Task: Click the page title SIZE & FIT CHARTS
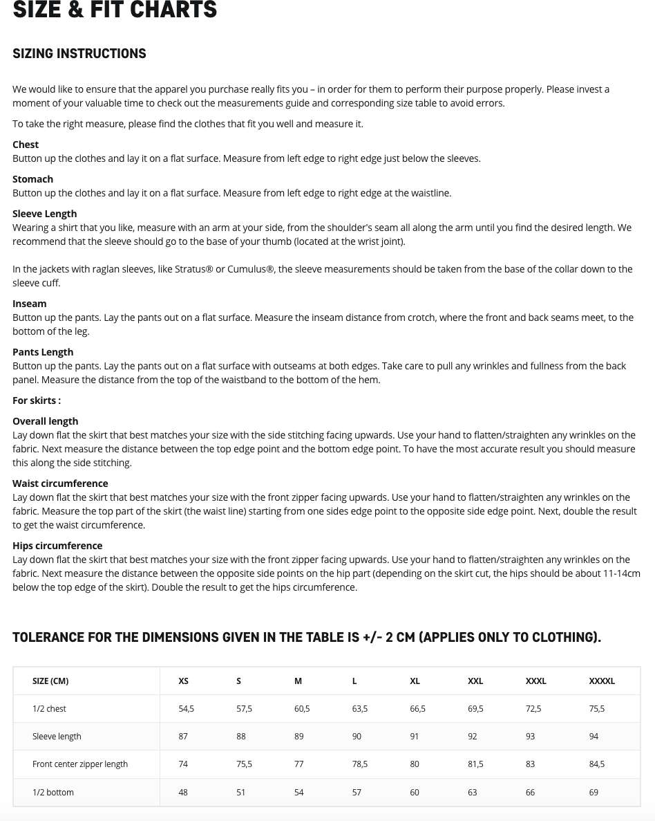[x=115, y=10]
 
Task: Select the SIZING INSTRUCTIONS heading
[x=79, y=54]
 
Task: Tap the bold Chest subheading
[x=26, y=145]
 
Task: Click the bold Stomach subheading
[x=32, y=179]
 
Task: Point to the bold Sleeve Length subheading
[x=44, y=214]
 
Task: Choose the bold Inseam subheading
[x=30, y=304]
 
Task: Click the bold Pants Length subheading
[x=43, y=352]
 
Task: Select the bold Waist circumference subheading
[x=60, y=483]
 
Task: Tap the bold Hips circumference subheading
[x=57, y=546]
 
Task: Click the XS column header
[x=183, y=681]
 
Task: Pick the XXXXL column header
[x=602, y=681]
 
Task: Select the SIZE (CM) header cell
[x=50, y=681]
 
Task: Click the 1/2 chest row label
[x=49, y=709]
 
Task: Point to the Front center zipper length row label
[x=80, y=764]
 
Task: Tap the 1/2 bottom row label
[x=53, y=793]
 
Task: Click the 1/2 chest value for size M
[x=302, y=709]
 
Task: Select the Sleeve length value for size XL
[x=415, y=737]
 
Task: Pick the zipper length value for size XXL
[x=475, y=764]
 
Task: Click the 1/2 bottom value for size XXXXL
[x=594, y=793]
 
